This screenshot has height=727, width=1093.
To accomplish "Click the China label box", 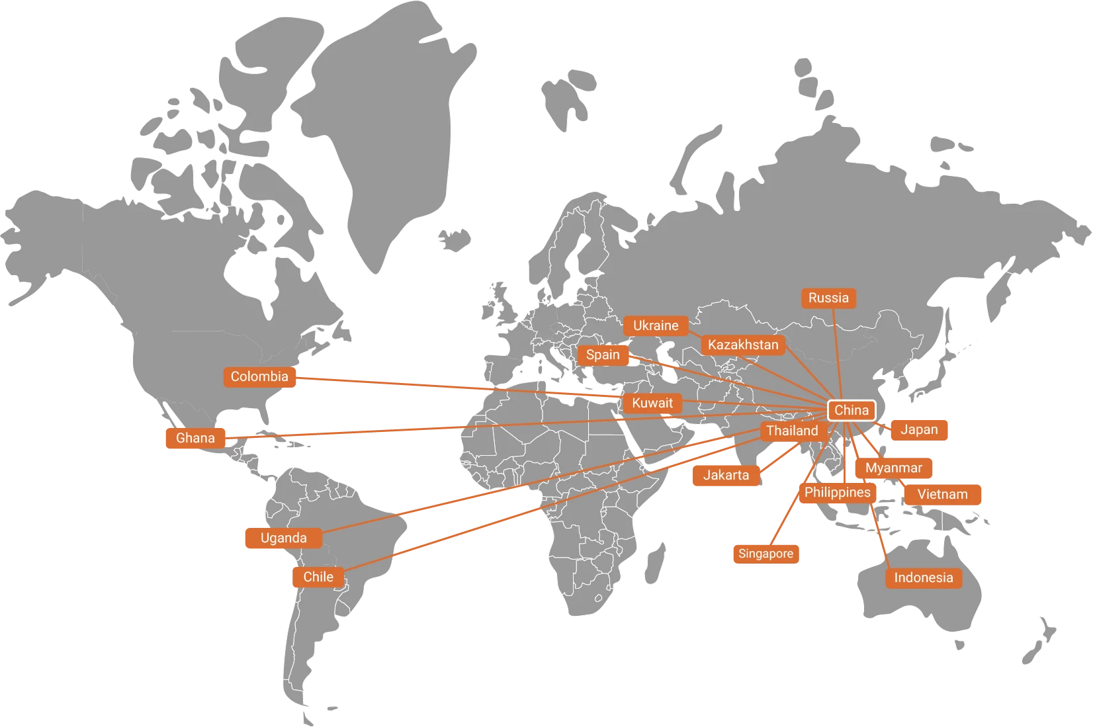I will pos(852,410).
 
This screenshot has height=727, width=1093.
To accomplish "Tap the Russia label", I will pos(828,298).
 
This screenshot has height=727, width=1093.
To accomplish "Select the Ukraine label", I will pos(656,325).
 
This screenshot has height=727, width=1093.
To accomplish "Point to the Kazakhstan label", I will pos(743,345).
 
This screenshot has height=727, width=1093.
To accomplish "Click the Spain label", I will pos(603,355).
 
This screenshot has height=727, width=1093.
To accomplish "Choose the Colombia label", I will pos(259,376).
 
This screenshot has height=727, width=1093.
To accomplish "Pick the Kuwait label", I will pos(652,403).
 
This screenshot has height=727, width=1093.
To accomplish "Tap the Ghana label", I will pos(195,438).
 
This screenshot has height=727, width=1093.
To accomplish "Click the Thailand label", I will pos(792,431).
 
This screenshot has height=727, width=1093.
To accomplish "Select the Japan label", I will pos(919,429).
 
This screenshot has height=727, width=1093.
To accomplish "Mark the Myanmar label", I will pos(893,468).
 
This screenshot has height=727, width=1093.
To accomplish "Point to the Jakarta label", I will pos(726,475).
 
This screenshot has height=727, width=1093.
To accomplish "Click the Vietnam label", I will pos(942,494).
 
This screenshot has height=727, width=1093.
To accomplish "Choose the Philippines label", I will pos(837,492).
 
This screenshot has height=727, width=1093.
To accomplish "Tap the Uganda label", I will pos(283,538).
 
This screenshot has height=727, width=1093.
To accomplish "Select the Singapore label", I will pos(765,554).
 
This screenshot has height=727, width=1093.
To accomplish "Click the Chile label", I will pos(318,577).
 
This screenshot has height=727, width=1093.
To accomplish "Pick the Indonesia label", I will pos(923,577).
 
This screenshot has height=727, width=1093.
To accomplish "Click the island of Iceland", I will pos(456,239).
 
